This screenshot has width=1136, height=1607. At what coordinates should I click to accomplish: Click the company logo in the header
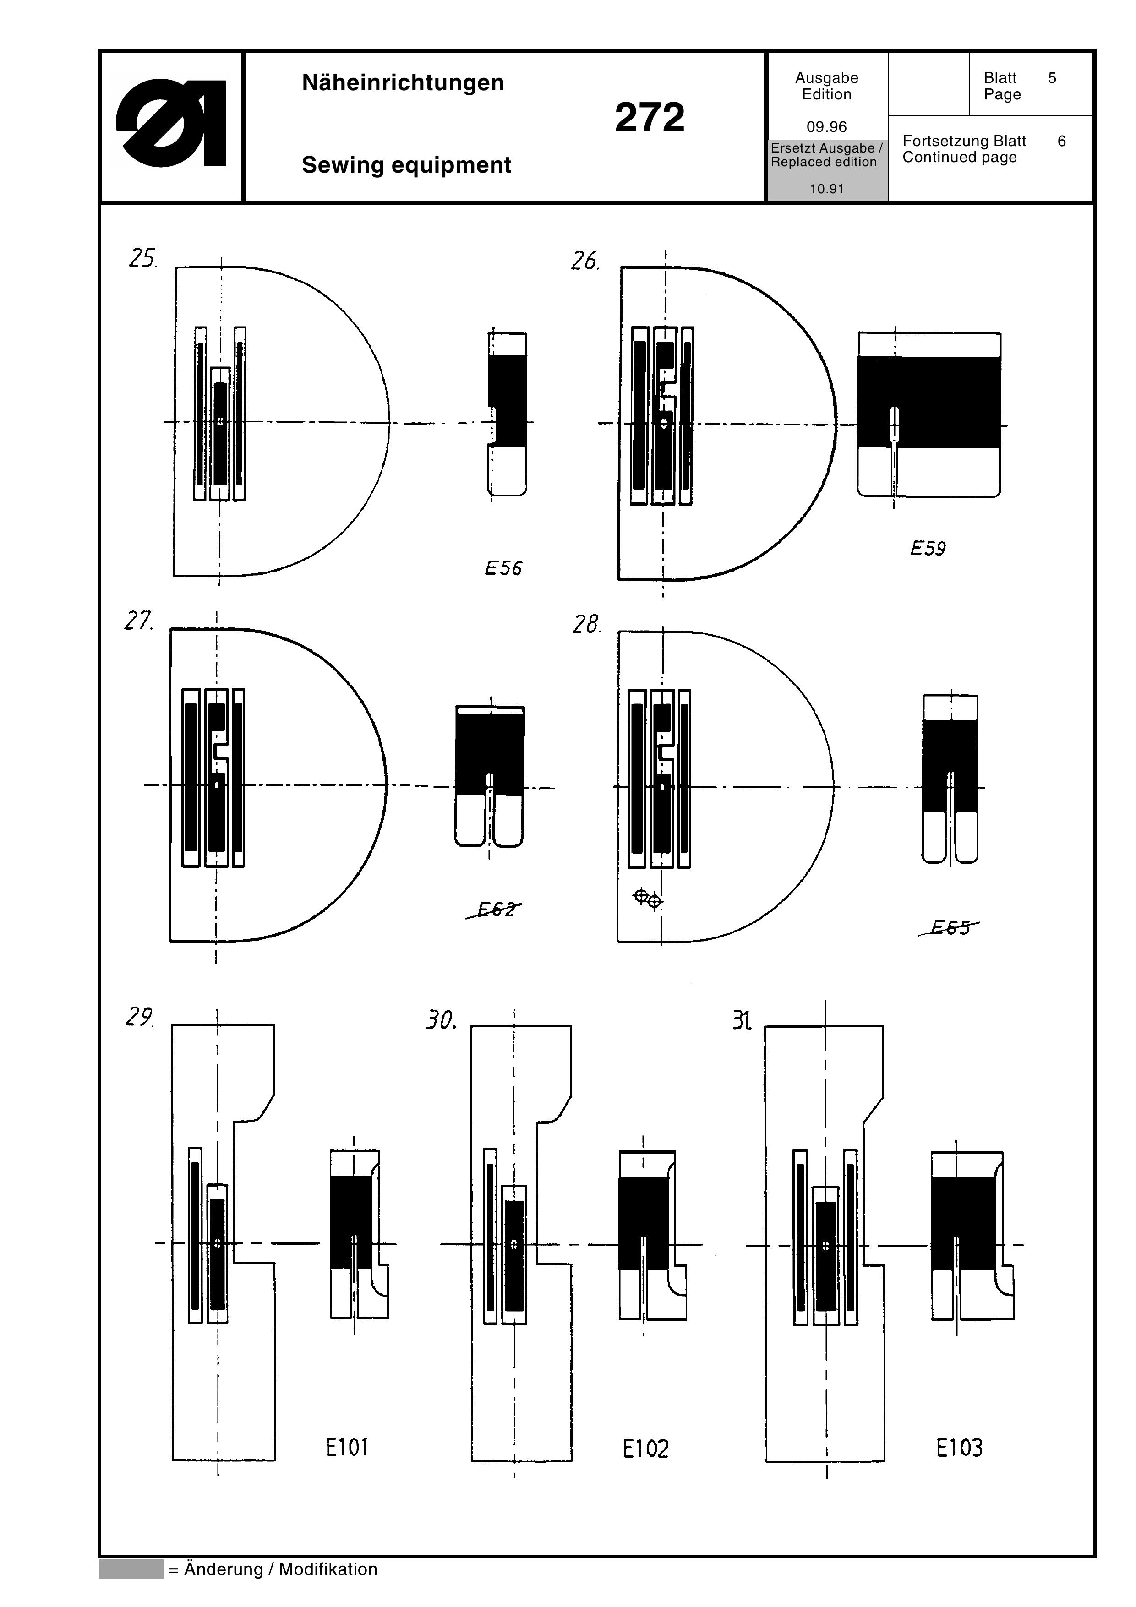point(171,123)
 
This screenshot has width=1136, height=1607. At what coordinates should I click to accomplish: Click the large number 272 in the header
point(650,118)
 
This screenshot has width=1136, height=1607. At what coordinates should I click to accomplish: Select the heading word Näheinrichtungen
point(403,82)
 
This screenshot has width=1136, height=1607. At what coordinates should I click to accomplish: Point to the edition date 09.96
point(827,127)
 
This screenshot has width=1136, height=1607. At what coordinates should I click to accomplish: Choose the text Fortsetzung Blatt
point(964,141)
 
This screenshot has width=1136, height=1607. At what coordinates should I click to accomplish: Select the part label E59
point(928,549)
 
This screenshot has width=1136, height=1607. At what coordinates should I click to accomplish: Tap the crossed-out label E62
point(495,909)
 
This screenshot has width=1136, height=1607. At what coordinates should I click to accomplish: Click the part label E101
point(346,1447)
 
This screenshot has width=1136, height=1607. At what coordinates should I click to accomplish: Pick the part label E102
point(645,1448)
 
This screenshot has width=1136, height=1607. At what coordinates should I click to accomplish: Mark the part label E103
point(959,1447)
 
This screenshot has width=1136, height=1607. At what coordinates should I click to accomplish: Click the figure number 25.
point(143,259)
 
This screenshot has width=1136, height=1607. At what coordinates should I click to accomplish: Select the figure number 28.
point(586,624)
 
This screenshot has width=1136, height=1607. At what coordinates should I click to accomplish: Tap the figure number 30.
point(441,1020)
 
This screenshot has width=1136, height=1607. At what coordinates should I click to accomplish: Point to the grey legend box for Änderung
point(131,1569)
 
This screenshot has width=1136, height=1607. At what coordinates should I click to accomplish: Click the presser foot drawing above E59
point(929,415)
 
